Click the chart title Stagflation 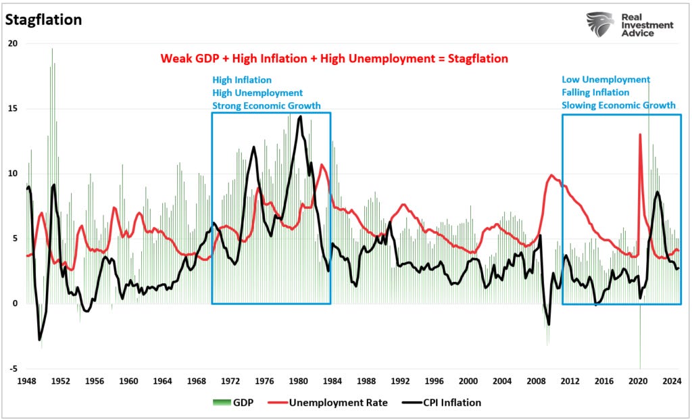coord(44,20)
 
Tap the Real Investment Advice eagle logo coord(599,25)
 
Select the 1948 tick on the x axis coord(26,380)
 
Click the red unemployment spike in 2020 coord(640,135)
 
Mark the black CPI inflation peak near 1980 coord(300,117)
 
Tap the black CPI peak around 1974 coord(253,147)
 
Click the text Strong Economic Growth coord(266,105)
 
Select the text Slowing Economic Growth coord(618,105)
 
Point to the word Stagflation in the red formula coord(473,59)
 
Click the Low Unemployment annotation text coord(605,80)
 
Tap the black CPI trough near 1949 coord(39,339)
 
